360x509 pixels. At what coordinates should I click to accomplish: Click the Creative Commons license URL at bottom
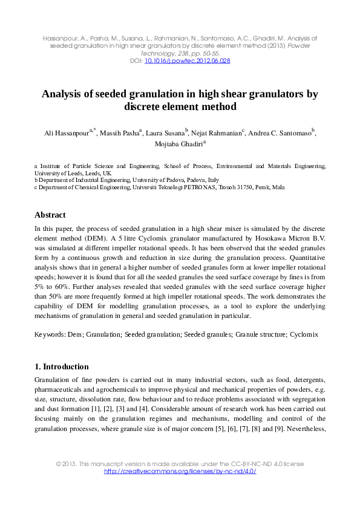tap(180, 472)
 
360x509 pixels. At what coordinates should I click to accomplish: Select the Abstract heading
tap(50, 215)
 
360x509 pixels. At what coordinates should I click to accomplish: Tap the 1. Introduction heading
tap(62, 366)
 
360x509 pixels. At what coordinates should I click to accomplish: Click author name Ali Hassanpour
tap(65, 134)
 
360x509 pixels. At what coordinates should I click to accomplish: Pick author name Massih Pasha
tap(119, 134)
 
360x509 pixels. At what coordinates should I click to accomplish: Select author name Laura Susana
tap(166, 134)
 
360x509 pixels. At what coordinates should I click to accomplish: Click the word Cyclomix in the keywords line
tap(304, 334)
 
